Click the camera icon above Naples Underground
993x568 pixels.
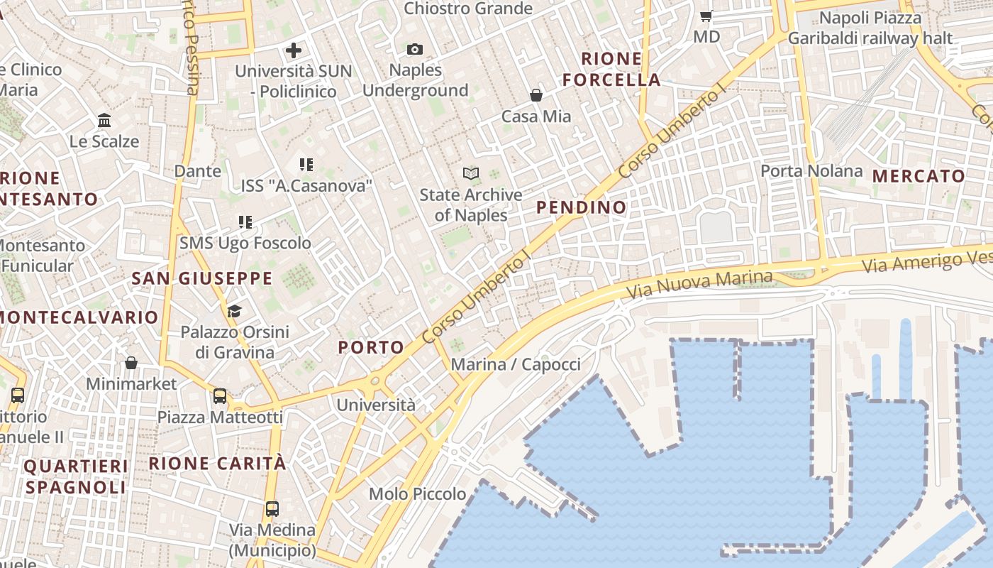pos(415,49)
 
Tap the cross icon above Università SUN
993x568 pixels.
pos(293,50)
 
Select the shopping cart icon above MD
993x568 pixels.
pos(706,15)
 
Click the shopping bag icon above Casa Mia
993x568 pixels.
pos(536,95)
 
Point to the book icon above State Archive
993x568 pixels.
pos(470,173)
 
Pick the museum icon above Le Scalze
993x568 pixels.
pos(104,120)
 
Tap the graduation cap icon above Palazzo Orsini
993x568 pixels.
pos(234,311)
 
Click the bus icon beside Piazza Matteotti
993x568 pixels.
pos(220,396)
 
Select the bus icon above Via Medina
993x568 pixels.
pos(272,508)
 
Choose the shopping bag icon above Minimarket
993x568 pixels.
pos(131,363)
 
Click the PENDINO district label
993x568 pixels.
pos(582,207)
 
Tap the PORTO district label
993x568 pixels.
pos(371,347)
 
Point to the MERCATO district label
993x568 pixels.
pos(919,176)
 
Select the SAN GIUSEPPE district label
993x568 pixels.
pos(202,278)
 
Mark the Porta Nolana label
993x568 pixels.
pos(811,171)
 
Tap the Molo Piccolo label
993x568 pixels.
pos(418,494)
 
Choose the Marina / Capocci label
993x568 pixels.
pos(516,365)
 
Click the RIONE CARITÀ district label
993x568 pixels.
pos(218,464)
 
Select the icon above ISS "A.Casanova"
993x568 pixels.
pos(306,165)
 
